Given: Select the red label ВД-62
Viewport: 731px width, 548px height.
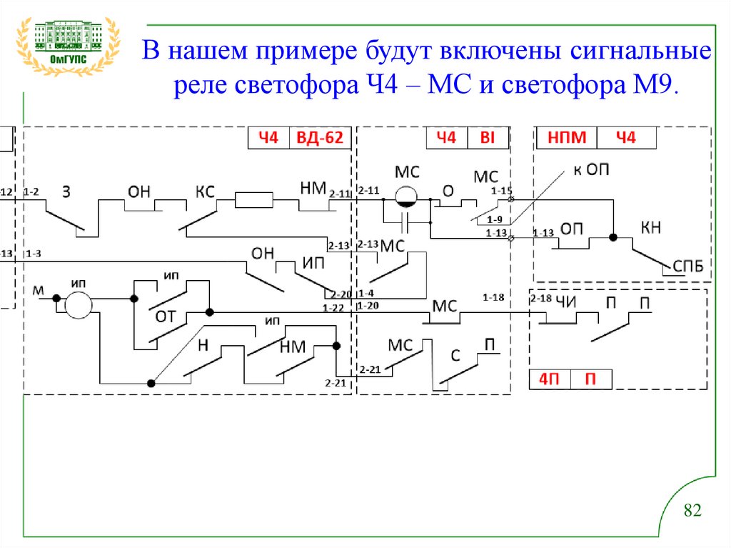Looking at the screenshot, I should click(320, 138).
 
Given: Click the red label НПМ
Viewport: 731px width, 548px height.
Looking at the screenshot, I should click(566, 137).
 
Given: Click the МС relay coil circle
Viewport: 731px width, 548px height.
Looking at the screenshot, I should click(408, 198).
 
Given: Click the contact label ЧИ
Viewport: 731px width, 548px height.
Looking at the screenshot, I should click(565, 301).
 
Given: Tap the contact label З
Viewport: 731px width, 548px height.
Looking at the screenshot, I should click(66, 191).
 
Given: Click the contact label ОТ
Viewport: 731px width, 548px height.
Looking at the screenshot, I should click(166, 317).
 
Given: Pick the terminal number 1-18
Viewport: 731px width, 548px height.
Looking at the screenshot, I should click(493, 297).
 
